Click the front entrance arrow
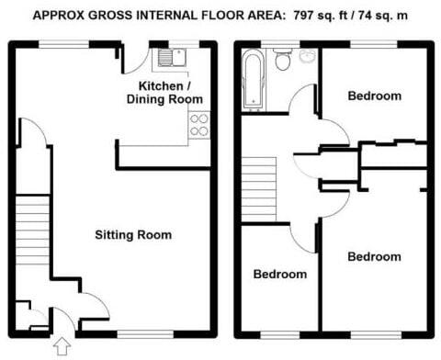tap(62, 346)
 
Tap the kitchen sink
tap(171, 58)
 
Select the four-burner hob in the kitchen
tap(198, 124)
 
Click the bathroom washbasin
tap(306, 56)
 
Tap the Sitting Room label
tap(133, 235)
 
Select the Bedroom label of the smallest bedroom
tap(280, 275)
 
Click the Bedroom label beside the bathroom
tap(374, 96)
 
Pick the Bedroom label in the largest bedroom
tap(374, 256)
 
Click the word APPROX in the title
tap(58, 16)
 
